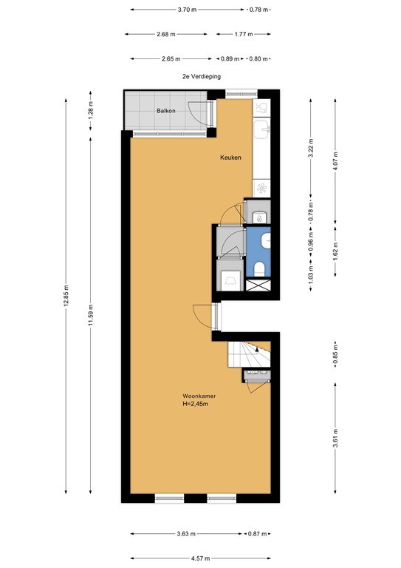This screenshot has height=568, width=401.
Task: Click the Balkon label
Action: [165, 111]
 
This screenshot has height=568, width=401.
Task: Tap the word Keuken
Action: [230, 158]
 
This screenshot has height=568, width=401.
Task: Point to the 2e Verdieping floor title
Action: [202, 76]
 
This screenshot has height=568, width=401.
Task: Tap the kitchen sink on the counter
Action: [261, 131]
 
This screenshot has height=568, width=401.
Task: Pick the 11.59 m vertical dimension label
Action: [90, 315]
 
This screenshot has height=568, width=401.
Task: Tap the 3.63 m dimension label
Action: [185, 533]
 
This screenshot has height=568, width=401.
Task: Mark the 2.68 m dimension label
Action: [167, 34]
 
